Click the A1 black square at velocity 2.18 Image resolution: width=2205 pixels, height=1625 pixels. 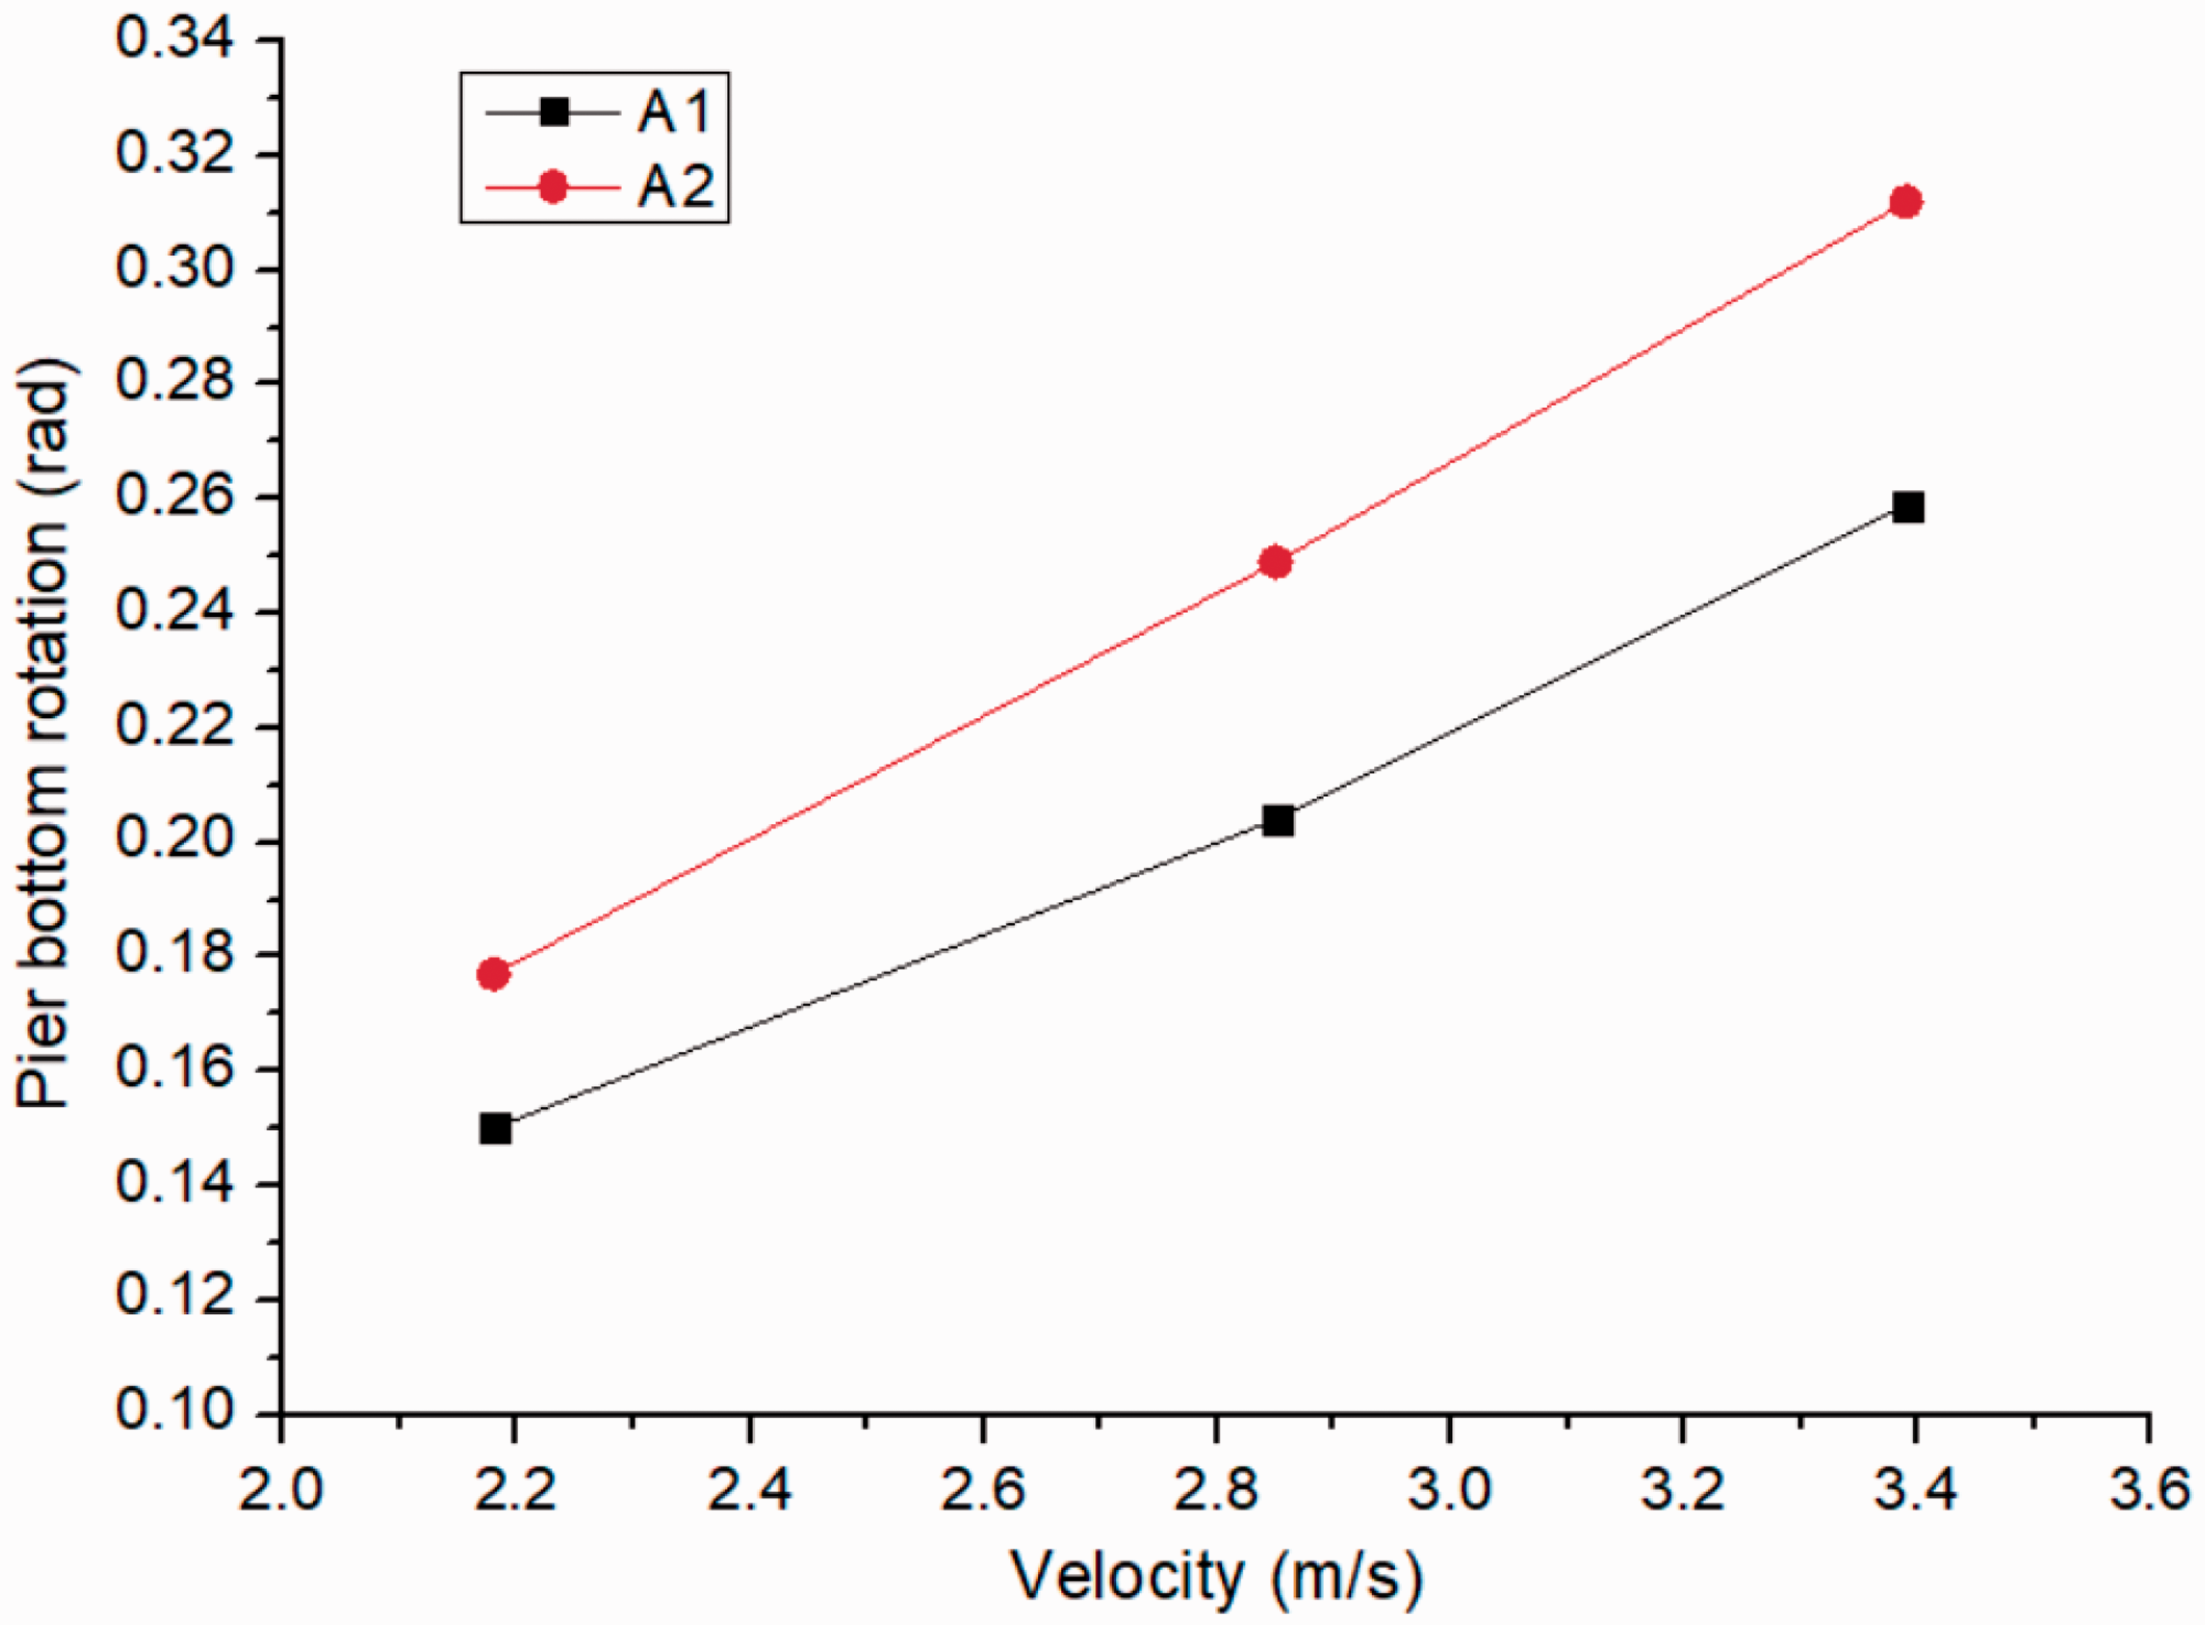[x=495, y=1128]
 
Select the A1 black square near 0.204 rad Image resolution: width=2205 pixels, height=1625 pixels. [x=1278, y=821]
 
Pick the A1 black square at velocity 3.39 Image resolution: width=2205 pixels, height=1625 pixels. [x=1906, y=508]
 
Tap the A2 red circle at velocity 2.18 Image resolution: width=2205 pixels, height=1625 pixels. [x=493, y=975]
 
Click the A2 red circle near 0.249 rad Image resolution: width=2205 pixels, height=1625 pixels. [x=1276, y=562]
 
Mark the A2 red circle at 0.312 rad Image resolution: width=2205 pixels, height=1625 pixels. [x=1906, y=202]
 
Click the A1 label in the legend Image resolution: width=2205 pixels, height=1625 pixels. [x=674, y=112]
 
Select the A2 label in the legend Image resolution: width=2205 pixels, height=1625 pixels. [x=675, y=185]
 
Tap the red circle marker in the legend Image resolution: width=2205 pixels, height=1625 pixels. [x=554, y=186]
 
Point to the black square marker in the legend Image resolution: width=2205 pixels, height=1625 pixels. [x=555, y=112]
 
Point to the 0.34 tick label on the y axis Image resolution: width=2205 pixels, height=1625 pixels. [x=176, y=42]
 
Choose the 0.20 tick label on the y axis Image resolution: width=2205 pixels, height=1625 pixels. [x=176, y=842]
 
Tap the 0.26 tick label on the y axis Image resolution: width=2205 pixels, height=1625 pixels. [x=176, y=498]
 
